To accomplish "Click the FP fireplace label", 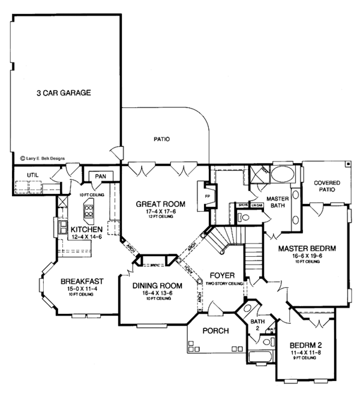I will pyautogui.click(x=208, y=196).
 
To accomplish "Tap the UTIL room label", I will pyautogui.click(x=24, y=175).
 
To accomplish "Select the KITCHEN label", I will pyautogui.click(x=85, y=230).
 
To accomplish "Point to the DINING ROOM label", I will pyautogui.click(x=155, y=286).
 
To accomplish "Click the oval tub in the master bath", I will pyautogui.click(x=281, y=176).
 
